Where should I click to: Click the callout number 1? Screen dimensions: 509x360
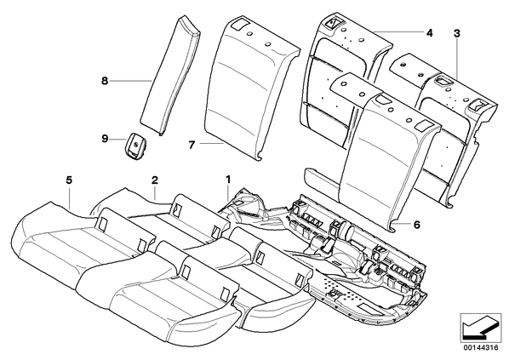coord(228,179)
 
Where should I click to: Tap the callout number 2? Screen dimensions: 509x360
coord(155,180)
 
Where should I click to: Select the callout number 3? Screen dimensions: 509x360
coord(457,33)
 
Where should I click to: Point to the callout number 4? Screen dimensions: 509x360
coord(430,33)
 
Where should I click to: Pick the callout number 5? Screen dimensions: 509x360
coord(69,180)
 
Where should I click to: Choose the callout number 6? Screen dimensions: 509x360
coord(417,225)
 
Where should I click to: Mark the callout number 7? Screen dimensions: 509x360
coord(192,145)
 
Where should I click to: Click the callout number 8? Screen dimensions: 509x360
coord(104,81)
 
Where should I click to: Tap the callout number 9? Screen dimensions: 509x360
coord(104,139)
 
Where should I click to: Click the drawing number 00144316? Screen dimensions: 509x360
coord(480,348)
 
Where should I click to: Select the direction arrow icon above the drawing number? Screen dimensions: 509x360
coord(480,329)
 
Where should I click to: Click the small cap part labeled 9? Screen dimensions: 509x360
coord(135,146)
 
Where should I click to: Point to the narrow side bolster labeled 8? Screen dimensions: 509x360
coord(170,76)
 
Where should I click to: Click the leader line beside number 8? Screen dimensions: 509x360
coord(131,81)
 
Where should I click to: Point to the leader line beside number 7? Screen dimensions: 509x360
coord(211,143)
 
